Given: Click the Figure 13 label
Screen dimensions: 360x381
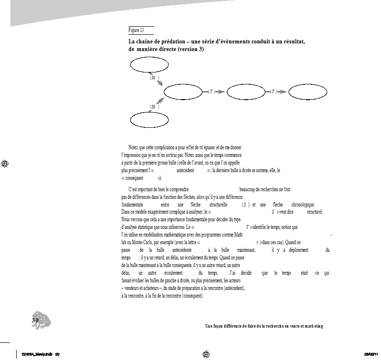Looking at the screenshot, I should coord(136,31).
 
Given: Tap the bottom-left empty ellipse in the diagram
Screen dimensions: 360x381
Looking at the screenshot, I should coord(149,120).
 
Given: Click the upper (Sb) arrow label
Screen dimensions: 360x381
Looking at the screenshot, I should coord(153,77).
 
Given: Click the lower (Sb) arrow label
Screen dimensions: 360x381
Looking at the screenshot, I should coord(153,106).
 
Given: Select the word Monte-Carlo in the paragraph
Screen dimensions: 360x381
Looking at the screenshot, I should coord(142,242).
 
